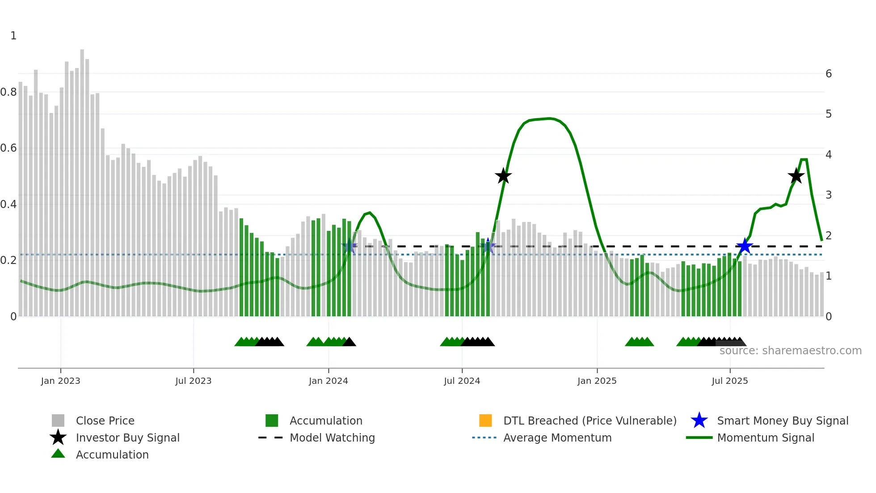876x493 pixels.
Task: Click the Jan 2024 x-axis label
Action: point(328,381)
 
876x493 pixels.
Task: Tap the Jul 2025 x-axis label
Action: point(729,381)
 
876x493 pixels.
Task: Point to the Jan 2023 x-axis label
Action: point(60,381)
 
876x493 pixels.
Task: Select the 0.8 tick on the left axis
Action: point(9,92)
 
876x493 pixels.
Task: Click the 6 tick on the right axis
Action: point(828,74)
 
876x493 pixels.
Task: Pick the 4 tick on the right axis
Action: point(828,155)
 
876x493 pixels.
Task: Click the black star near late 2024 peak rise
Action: point(503,176)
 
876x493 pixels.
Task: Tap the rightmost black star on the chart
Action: point(796,176)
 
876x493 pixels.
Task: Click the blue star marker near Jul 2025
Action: point(745,246)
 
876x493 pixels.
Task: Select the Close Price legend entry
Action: point(105,421)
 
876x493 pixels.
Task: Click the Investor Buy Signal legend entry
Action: point(127,438)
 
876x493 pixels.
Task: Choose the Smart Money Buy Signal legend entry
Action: point(782,421)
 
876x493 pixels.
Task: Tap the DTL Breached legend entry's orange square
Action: point(485,421)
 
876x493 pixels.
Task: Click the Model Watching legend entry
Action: point(332,438)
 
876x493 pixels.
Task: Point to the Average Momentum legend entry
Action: point(557,438)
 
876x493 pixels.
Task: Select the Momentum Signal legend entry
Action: point(765,438)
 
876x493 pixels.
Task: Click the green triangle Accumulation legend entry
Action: point(112,455)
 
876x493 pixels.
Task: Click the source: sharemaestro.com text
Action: point(790,351)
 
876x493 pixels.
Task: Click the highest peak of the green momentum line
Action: point(549,119)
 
